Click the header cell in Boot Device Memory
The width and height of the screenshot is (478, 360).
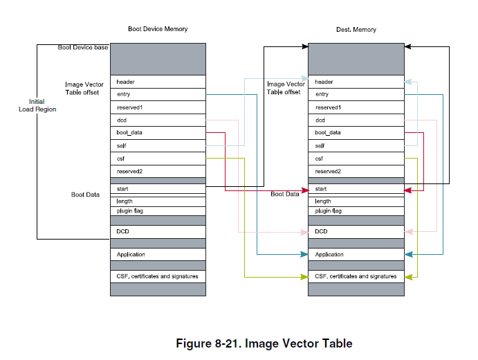point(158,82)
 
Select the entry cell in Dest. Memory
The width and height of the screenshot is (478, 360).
point(356,94)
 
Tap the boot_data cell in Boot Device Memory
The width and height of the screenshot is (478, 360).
point(158,132)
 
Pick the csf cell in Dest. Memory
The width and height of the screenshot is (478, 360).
point(356,158)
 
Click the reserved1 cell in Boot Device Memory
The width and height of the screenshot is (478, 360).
point(158,107)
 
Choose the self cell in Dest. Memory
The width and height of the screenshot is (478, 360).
point(356,145)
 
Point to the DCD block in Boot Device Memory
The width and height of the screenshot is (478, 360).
point(158,231)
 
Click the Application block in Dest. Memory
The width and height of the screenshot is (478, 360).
point(356,255)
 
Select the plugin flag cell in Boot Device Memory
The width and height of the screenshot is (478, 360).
point(158,210)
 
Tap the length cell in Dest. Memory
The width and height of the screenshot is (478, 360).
point(356,201)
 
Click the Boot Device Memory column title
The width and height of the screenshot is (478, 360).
point(158,29)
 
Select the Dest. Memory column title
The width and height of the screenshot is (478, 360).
point(356,29)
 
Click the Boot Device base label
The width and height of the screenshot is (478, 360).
point(82,47)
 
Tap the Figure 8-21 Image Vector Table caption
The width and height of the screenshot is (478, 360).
point(264,343)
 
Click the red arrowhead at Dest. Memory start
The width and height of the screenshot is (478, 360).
point(409,190)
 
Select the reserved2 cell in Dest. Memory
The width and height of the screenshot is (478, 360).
point(356,171)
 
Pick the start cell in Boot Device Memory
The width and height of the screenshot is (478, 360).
point(158,188)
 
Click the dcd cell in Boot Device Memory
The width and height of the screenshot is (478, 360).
point(158,120)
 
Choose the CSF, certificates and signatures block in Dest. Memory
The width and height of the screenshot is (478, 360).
point(356,276)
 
